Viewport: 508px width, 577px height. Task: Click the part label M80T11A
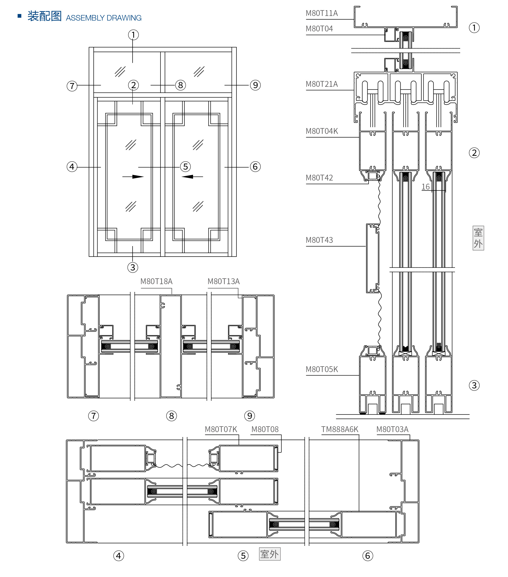click(321, 13)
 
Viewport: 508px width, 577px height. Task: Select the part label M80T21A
click(321, 84)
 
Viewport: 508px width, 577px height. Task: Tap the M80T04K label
click(322, 131)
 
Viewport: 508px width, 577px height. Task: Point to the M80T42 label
click(319, 178)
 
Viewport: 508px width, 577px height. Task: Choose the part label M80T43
click(319, 240)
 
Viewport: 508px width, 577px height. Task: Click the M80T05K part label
click(322, 369)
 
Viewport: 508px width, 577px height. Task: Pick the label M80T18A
click(156, 281)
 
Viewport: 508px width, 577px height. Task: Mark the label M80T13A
click(223, 281)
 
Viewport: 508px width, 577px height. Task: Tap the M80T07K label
click(221, 429)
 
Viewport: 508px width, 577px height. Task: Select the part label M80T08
click(265, 429)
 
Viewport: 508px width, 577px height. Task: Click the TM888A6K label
click(339, 429)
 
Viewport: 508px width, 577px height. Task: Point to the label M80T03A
click(392, 429)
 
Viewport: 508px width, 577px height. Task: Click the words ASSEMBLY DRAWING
click(104, 18)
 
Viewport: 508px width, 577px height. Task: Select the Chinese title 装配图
click(45, 16)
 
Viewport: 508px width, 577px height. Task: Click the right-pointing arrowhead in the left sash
click(138, 177)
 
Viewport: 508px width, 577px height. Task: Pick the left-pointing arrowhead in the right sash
click(187, 177)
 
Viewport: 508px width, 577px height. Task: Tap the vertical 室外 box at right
click(478, 238)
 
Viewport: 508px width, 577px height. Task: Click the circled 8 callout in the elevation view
click(180, 85)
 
